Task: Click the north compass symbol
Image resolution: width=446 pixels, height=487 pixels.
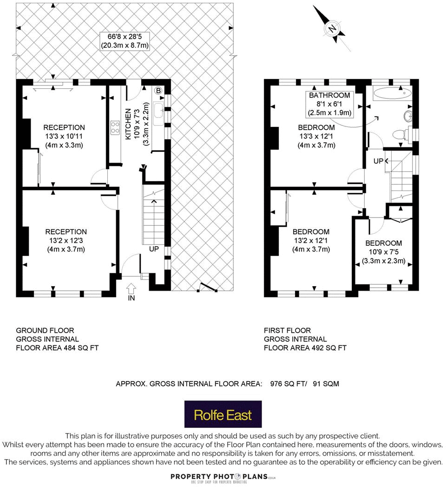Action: tap(332, 28)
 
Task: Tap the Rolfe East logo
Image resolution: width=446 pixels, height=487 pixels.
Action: tap(223, 414)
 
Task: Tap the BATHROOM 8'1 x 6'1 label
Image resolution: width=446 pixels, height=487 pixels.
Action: tap(330, 104)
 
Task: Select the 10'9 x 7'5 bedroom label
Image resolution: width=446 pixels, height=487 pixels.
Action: tap(383, 252)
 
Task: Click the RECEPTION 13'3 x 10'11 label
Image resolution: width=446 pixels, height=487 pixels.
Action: tap(64, 136)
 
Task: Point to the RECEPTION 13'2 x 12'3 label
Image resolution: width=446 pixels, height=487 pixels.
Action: tap(66, 240)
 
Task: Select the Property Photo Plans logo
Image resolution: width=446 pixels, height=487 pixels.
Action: tap(223, 477)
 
